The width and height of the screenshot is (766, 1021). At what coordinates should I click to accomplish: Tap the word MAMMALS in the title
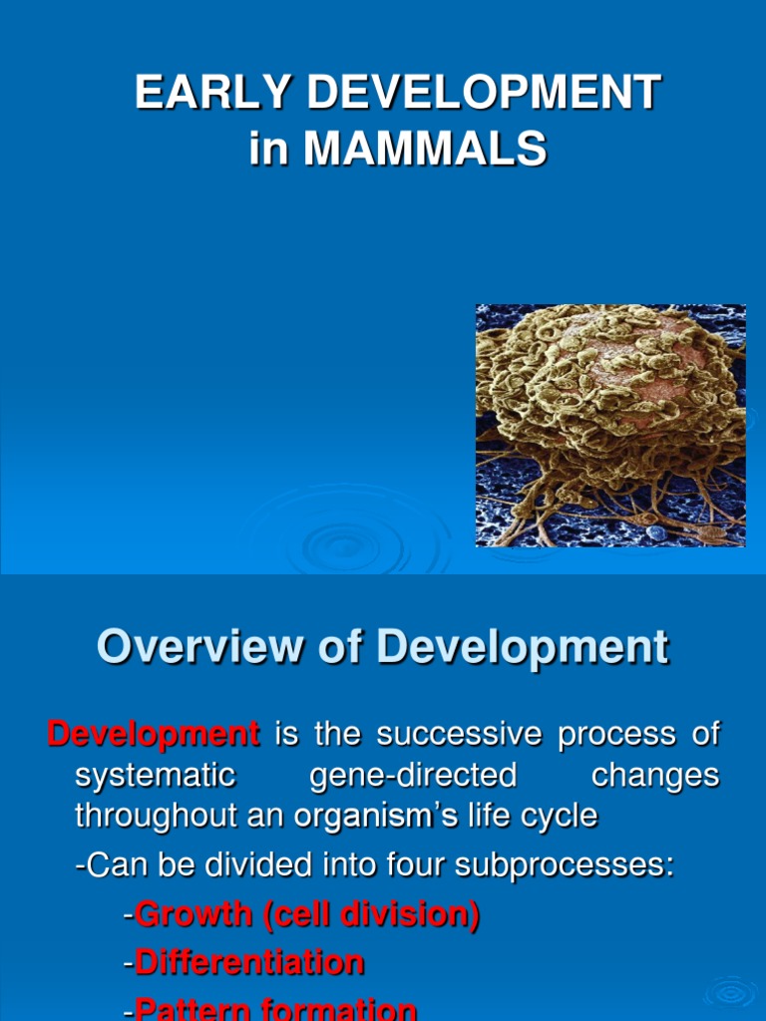click(x=425, y=148)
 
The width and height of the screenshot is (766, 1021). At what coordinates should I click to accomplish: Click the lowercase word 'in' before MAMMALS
click(x=267, y=148)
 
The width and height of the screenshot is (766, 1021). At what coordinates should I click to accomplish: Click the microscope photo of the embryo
click(x=610, y=425)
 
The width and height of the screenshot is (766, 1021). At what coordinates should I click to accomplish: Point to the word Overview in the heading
click(x=199, y=646)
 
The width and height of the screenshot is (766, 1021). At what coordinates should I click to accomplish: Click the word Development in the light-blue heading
click(x=523, y=648)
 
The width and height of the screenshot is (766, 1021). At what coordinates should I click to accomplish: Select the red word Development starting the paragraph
click(x=153, y=735)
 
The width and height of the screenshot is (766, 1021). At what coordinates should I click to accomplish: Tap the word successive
click(x=459, y=734)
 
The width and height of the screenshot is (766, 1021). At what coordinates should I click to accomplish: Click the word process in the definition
click(x=617, y=736)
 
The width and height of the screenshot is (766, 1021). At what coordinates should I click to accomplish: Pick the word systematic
click(x=155, y=776)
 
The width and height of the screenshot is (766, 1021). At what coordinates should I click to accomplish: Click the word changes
click(x=655, y=776)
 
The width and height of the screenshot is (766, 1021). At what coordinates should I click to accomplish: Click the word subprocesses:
click(x=564, y=866)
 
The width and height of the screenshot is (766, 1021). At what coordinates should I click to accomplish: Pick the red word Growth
click(x=193, y=913)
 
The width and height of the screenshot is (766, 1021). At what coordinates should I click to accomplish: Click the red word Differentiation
click(x=249, y=962)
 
